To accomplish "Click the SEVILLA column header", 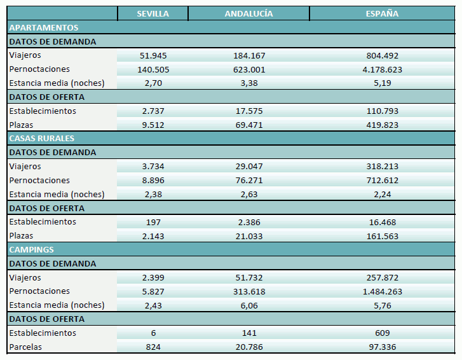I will pyautogui.click(x=153, y=14).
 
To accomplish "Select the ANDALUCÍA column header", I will pyautogui.click(x=248, y=14).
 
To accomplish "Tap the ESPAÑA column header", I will pyautogui.click(x=382, y=14).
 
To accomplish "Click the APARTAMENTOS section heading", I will pyautogui.click(x=44, y=28).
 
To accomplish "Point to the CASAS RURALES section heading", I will pyautogui.click(x=42, y=139).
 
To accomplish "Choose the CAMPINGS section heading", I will pyautogui.click(x=31, y=250).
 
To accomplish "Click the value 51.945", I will pyautogui.click(x=153, y=56).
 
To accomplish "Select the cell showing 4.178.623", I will pyautogui.click(x=382, y=70).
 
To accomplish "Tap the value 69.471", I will pyautogui.click(x=248, y=125).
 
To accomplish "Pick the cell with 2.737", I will pyautogui.click(x=153, y=111).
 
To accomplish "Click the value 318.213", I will pyautogui.click(x=382, y=167).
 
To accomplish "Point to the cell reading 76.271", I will pyautogui.click(x=248, y=181).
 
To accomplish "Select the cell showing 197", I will pyautogui.click(x=153, y=223).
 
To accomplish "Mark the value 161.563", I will pyautogui.click(x=382, y=236).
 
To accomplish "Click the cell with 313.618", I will pyautogui.click(x=248, y=292).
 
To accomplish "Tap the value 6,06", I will pyautogui.click(x=248, y=305).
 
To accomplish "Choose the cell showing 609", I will pyautogui.click(x=382, y=333).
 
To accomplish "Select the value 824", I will pyautogui.click(x=153, y=347).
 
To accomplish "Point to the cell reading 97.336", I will pyautogui.click(x=382, y=347).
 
